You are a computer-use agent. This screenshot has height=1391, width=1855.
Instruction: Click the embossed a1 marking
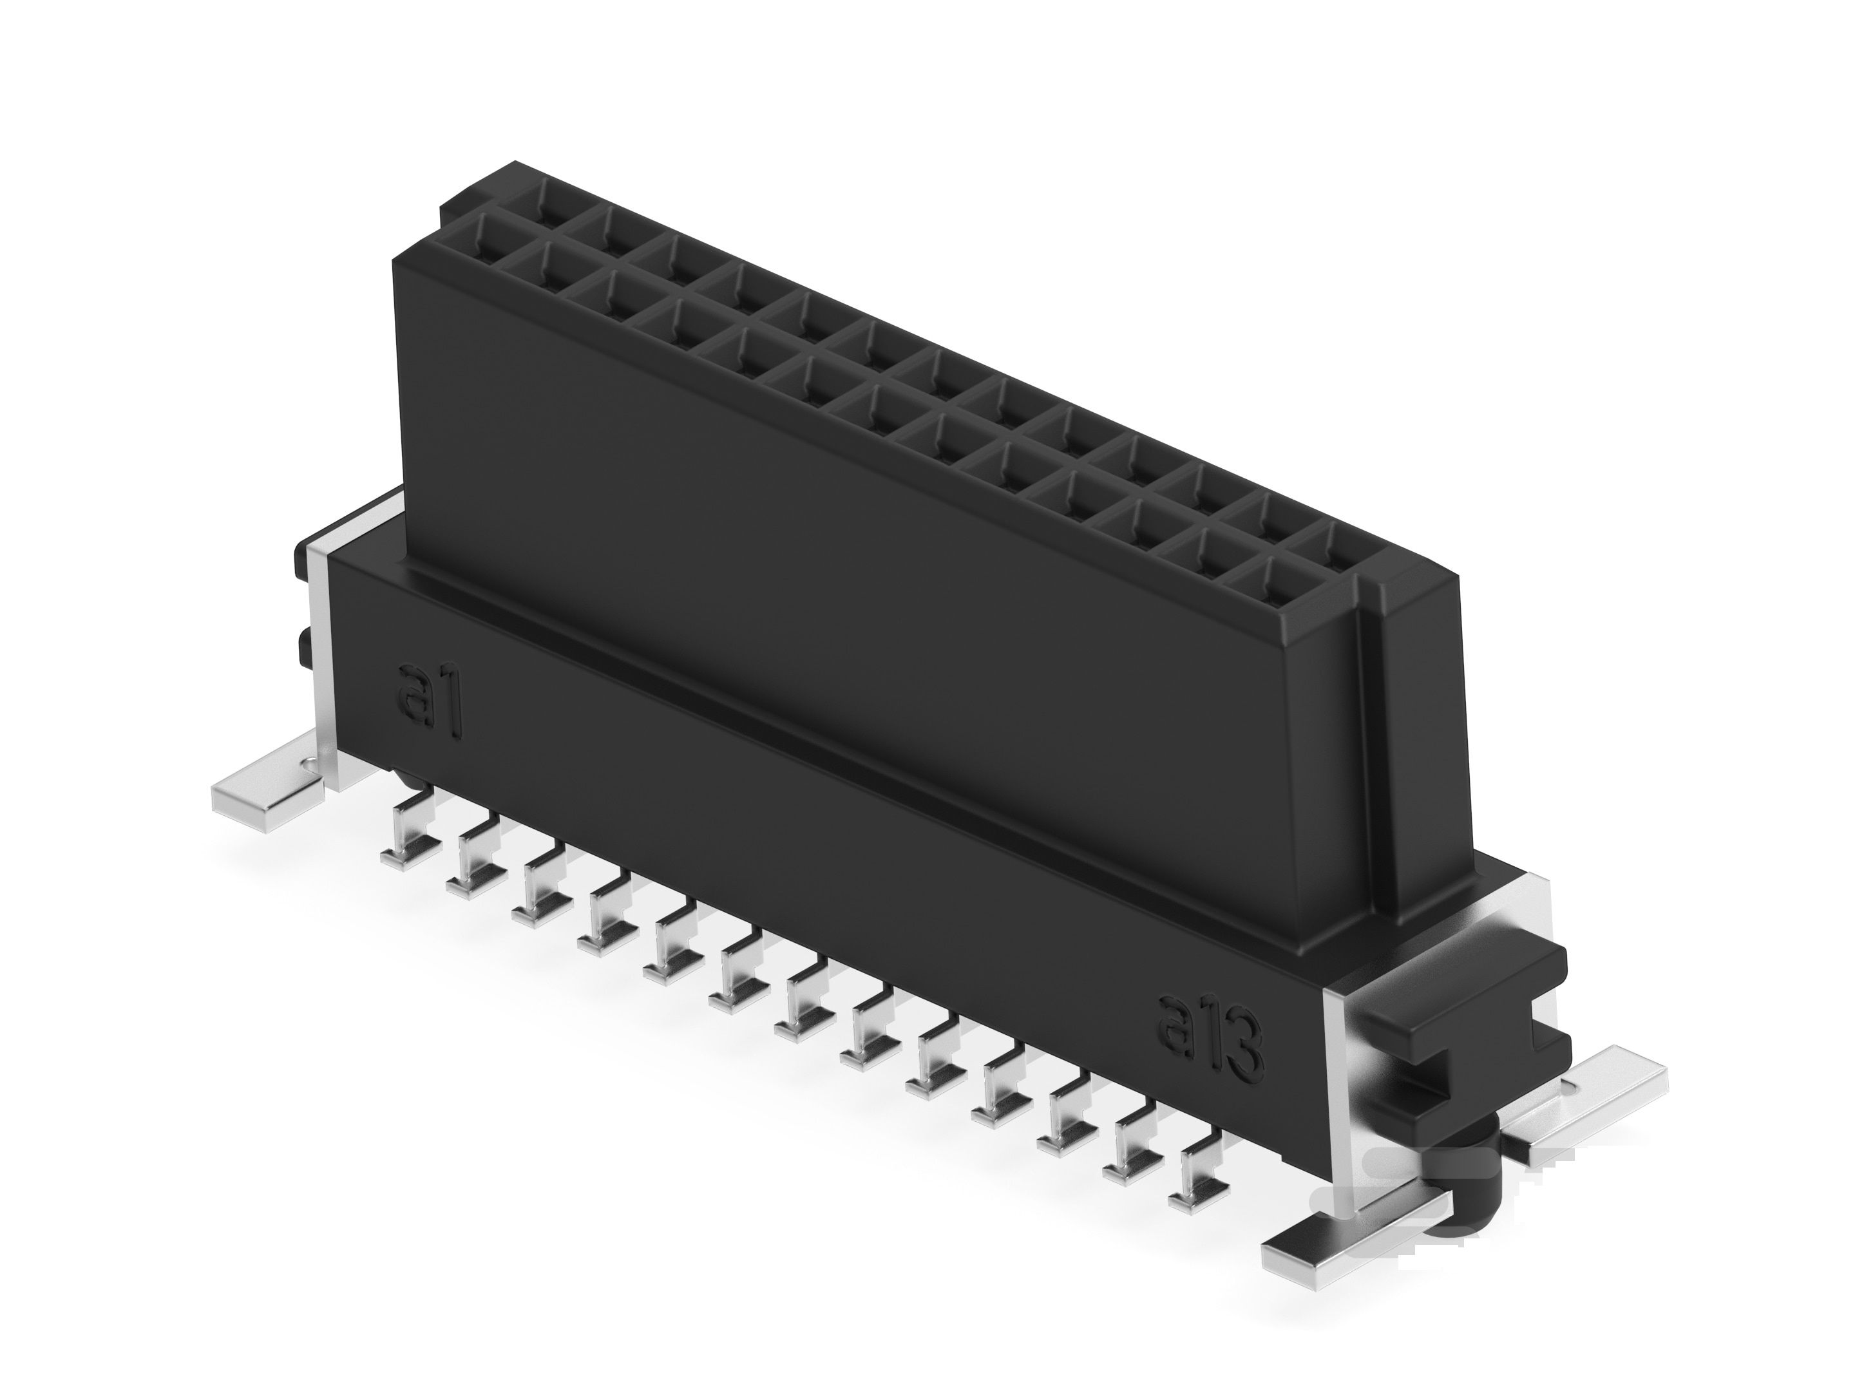pyautogui.click(x=430, y=701)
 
